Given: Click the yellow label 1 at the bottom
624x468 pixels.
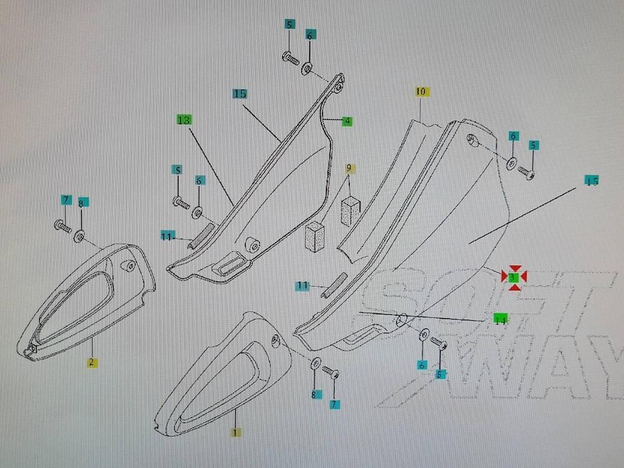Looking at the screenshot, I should coord(235,432).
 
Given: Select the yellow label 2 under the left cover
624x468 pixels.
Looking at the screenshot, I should coord(91,362).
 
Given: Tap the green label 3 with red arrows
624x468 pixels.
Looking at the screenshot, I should coord(514,276).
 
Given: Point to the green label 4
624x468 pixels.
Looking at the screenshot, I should coord(347,121).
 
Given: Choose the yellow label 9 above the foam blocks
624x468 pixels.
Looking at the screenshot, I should coord(349,168).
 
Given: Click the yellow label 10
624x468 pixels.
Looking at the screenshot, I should coord(421,92).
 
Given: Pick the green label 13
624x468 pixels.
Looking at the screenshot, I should coord(183,119).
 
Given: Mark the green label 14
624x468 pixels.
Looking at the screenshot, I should coord(500,320).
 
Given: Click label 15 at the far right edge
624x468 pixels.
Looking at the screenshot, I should coord(592,181).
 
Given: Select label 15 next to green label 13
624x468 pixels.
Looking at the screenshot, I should coord(240,94).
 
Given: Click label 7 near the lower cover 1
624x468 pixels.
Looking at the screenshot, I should coord(335,404).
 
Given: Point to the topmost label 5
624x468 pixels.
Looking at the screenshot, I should coord(289,24).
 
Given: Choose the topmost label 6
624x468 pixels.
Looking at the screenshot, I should coord(310,36).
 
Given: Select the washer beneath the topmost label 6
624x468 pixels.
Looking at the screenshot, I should coord(308,68).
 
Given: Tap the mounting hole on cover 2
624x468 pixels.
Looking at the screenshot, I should coord(130,267).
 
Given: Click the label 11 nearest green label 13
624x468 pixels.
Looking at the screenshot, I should coord(167,236).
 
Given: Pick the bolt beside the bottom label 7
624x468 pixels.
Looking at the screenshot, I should coord(331,373).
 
